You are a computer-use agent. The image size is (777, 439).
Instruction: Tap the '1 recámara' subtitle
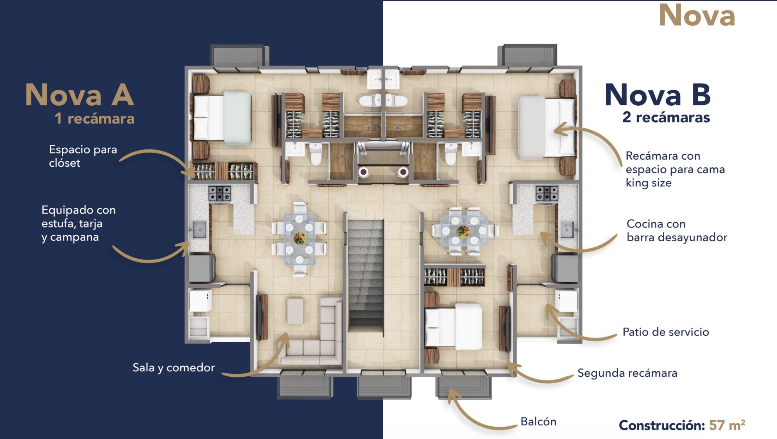coord(94,119)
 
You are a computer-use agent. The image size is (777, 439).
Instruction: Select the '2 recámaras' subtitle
coord(666,117)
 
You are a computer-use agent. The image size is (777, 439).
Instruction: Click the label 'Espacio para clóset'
coord(83,156)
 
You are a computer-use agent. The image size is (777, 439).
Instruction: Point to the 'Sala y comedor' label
coord(173,367)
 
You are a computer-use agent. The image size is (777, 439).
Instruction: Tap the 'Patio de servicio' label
coord(666,332)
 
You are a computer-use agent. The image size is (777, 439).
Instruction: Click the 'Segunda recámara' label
coord(627,373)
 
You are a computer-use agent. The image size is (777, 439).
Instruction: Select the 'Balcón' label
coord(538,421)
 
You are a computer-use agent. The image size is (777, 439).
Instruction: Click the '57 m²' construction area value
coord(727,425)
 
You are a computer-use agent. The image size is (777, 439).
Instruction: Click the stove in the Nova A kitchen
coord(220,193)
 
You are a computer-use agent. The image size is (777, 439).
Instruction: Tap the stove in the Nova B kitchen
coord(547,193)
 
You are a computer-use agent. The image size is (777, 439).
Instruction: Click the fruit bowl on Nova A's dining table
coord(300,238)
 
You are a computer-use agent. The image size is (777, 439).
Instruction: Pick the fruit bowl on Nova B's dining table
coord(463,231)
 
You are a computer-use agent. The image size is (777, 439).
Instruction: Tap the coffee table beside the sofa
coord(295,311)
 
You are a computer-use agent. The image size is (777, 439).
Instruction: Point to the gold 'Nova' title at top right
coord(697,16)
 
